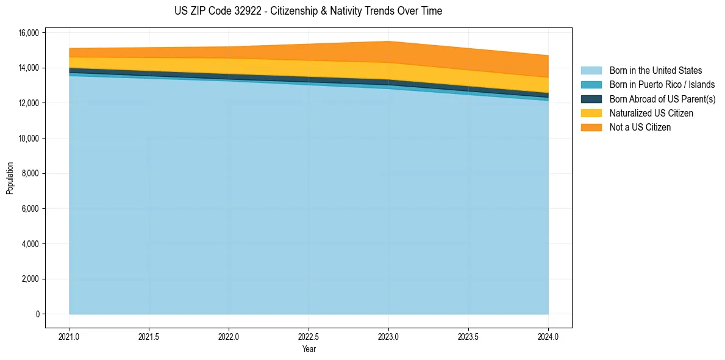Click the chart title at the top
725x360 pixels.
click(308, 11)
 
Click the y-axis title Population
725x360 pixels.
click(10, 178)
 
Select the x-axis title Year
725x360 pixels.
click(309, 349)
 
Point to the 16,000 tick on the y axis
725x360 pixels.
click(30, 33)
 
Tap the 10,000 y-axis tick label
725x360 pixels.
click(30, 139)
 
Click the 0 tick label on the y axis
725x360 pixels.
click(37, 314)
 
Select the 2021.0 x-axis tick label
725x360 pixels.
click(70, 336)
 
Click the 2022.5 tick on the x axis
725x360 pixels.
click(309, 336)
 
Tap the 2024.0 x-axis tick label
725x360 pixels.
click(548, 336)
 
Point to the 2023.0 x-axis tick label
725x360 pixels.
click(388, 336)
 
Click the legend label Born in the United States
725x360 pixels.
click(655, 71)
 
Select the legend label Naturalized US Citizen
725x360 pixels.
click(651, 113)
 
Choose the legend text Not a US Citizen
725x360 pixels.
click(640, 128)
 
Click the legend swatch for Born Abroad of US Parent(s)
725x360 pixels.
click(591, 99)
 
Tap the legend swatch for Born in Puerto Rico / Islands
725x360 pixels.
click(591, 85)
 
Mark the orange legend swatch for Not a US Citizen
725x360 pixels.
click(591, 128)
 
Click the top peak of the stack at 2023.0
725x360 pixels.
click(388, 41)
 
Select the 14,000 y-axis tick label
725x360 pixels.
click(30, 68)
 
